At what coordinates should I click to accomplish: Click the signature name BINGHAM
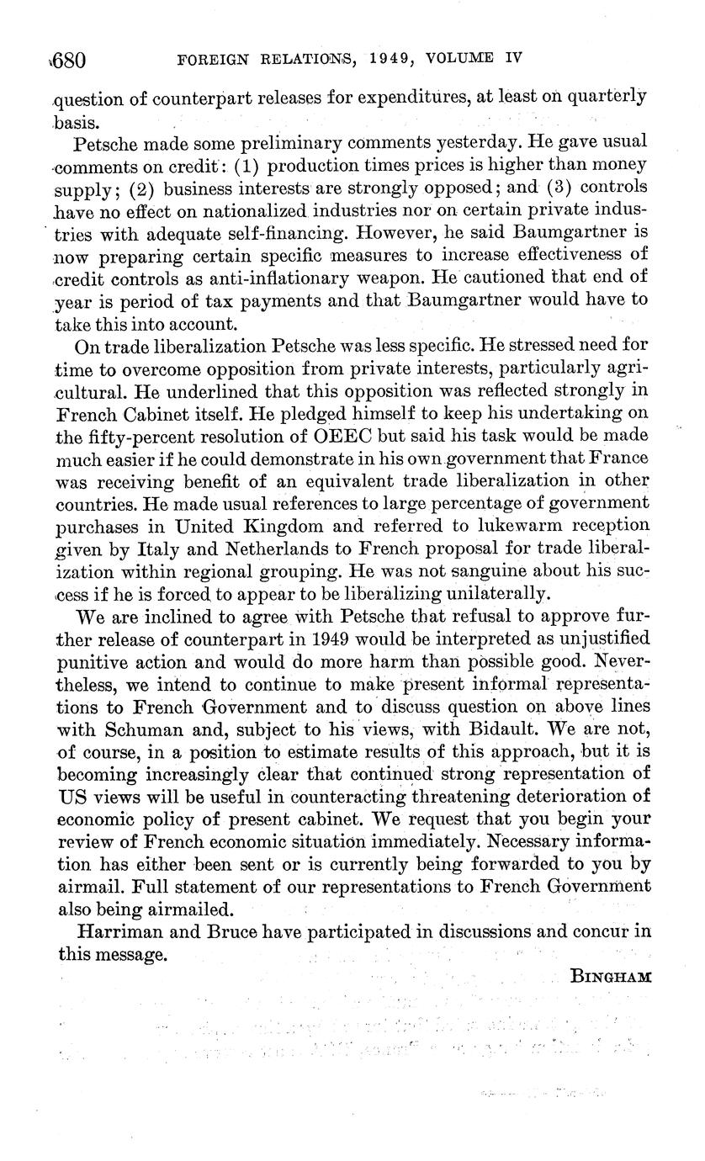pyautogui.click(x=610, y=977)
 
